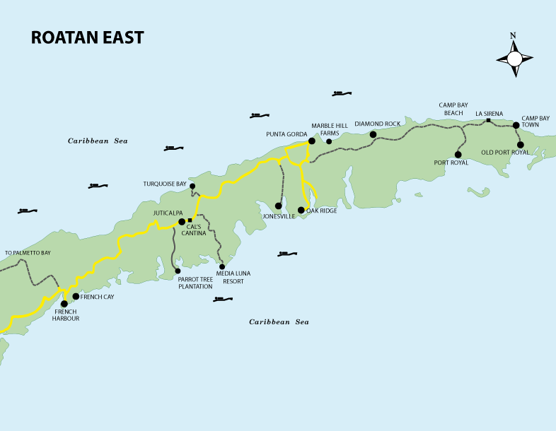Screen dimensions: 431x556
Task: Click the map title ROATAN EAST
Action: [87, 38]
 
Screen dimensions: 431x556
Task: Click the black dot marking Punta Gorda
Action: [311, 141]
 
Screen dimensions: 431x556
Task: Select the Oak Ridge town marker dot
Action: [301, 210]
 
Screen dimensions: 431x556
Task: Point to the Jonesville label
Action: [278, 216]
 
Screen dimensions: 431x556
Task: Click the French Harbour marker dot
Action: [64, 304]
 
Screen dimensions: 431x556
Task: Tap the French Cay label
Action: [97, 297]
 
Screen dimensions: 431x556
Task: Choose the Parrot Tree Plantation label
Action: [195, 283]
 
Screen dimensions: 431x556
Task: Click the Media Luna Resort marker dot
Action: [221, 266]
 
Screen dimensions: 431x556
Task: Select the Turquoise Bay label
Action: [165, 184]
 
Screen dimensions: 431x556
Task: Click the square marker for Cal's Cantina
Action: [190, 220]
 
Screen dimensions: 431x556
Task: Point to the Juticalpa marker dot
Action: [182, 221]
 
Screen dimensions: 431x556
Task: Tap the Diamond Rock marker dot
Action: [373, 134]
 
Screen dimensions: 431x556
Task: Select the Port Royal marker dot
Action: [458, 154]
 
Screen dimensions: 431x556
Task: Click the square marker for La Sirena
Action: [488, 121]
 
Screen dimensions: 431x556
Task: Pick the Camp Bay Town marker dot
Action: [516, 125]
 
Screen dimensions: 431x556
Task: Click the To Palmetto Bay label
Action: [28, 252]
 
